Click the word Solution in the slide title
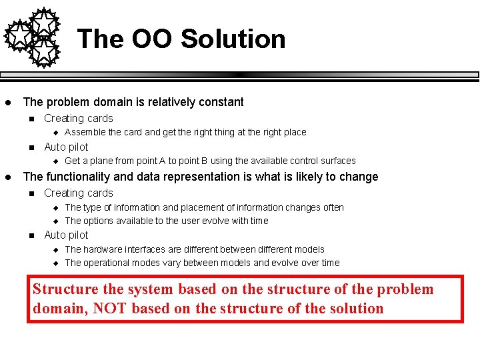(233, 39)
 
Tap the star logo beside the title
(33, 37)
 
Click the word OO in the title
(153, 39)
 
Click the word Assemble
(85, 132)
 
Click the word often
(333, 207)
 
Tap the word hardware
(105, 249)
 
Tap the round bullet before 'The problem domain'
(7, 103)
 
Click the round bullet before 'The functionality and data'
(7, 177)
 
